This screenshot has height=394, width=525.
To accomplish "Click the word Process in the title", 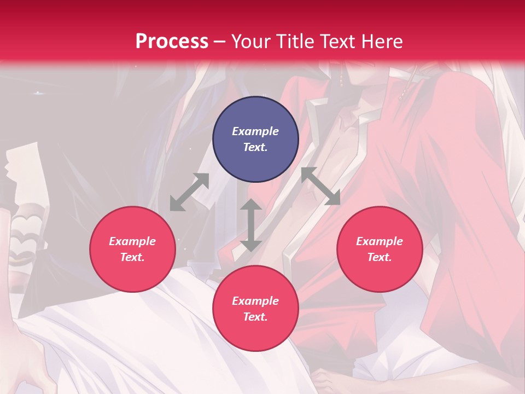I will click(x=172, y=42).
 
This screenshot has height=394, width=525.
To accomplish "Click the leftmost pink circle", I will click(x=132, y=249).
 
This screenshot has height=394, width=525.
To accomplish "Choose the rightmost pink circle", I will click(x=380, y=249).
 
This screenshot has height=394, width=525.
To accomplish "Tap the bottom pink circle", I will click(x=255, y=308).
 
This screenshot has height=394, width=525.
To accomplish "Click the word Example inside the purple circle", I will click(x=255, y=131).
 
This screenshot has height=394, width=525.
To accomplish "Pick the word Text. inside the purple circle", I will click(x=255, y=147).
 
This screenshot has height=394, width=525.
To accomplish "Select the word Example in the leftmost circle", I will click(x=132, y=241).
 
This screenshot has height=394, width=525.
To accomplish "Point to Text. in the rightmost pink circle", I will click(x=380, y=257).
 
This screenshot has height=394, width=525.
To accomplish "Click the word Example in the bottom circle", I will click(x=255, y=301).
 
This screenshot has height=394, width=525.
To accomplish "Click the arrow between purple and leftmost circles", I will click(x=190, y=192).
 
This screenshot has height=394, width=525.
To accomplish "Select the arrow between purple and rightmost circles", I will click(x=320, y=187).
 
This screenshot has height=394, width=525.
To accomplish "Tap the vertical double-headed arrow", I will click(x=251, y=225).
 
